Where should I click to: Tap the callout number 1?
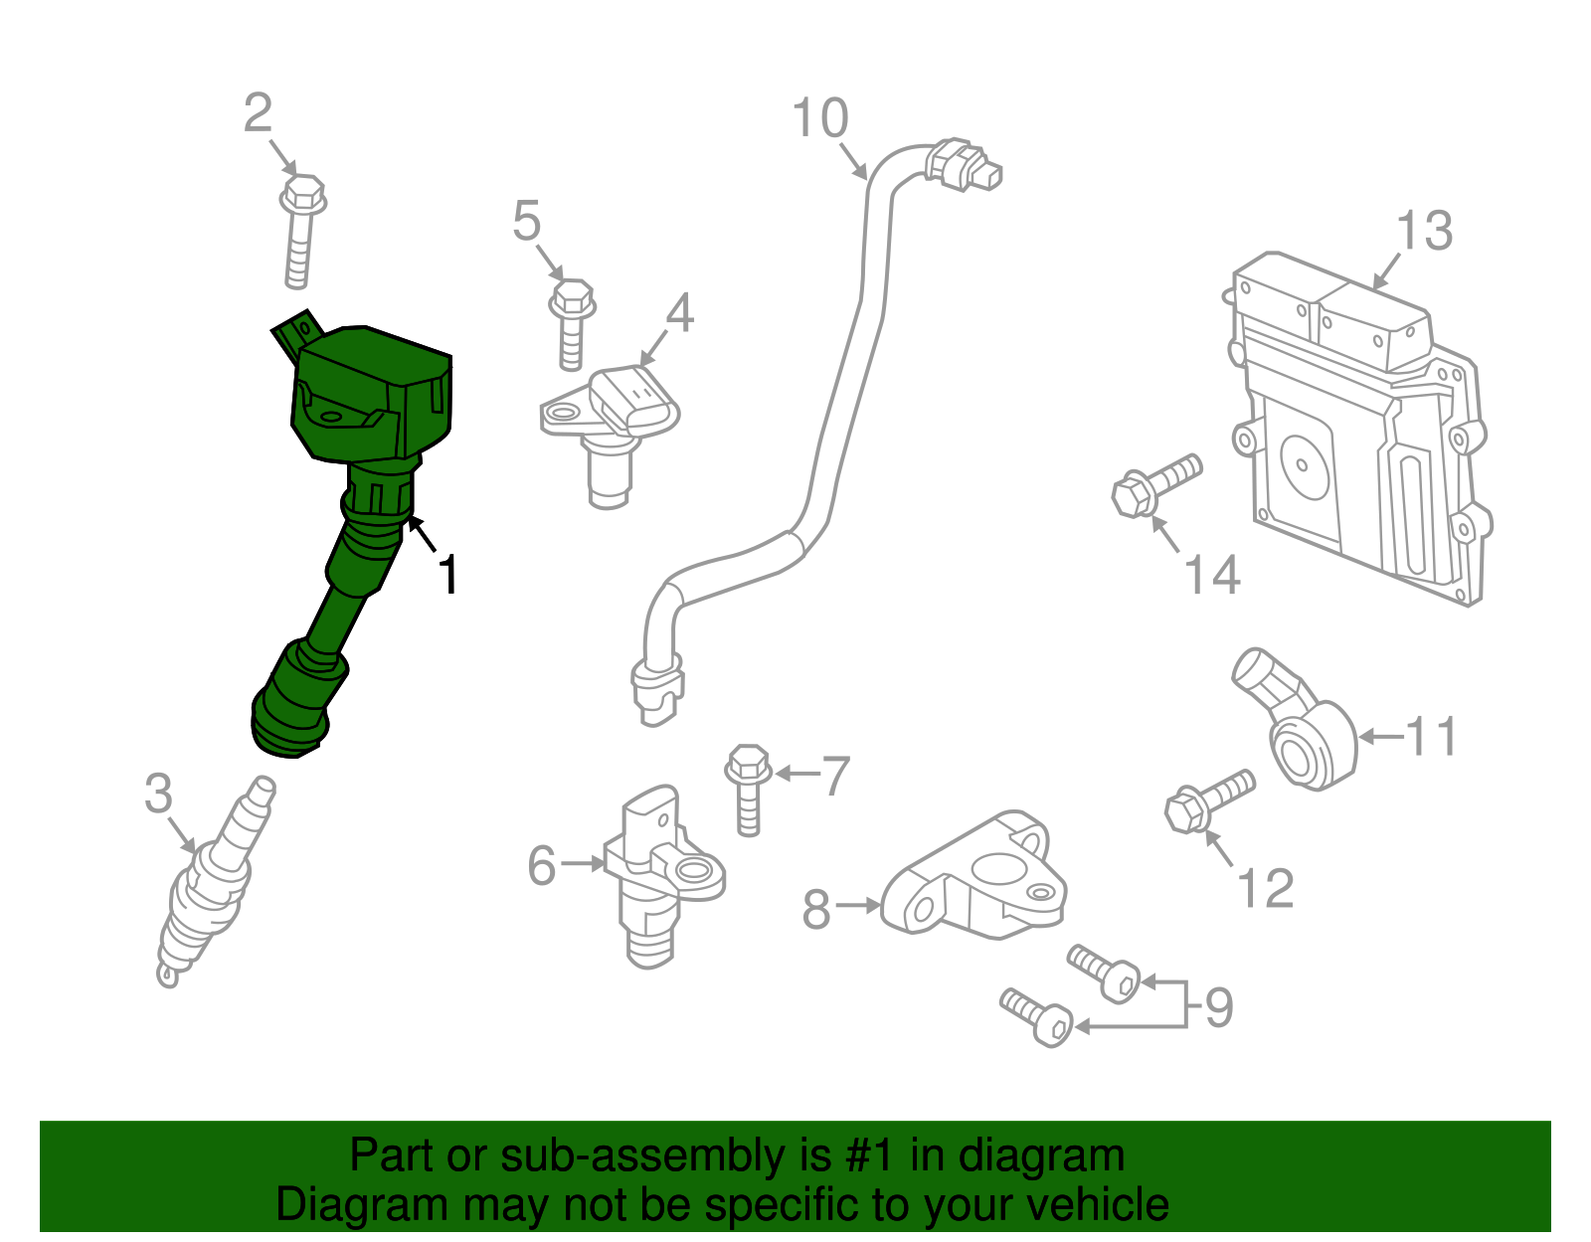[x=449, y=576]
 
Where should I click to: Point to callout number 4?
[x=679, y=313]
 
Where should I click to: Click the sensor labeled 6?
[x=656, y=875]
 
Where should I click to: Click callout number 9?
[x=1219, y=1006]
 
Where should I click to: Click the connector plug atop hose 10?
[x=962, y=166]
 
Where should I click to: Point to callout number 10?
[x=820, y=118]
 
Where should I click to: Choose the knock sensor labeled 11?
[x=1303, y=741]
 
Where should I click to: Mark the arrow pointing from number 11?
[x=1380, y=737]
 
